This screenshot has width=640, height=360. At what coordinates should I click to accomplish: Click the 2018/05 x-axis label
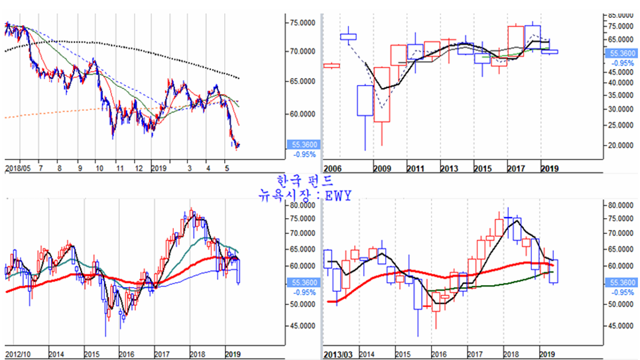(17, 168)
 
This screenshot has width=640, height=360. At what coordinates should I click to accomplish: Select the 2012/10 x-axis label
(17, 355)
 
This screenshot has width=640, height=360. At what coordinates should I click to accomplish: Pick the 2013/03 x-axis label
(338, 355)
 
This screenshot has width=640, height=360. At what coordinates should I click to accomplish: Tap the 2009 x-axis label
(383, 168)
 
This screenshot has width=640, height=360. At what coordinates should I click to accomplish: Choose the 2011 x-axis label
(416, 168)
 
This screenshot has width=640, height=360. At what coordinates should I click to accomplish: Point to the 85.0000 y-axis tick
(621, 14)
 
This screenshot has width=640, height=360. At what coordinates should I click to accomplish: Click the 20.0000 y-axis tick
(621, 145)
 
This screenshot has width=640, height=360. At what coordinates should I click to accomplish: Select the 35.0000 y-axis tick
(621, 95)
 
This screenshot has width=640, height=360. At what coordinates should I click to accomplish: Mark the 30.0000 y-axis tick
(621, 109)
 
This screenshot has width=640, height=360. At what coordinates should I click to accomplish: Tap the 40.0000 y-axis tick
(621, 83)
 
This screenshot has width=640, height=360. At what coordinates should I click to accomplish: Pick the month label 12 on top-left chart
(137, 168)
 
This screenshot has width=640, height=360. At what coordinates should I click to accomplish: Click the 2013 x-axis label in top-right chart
(449, 168)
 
